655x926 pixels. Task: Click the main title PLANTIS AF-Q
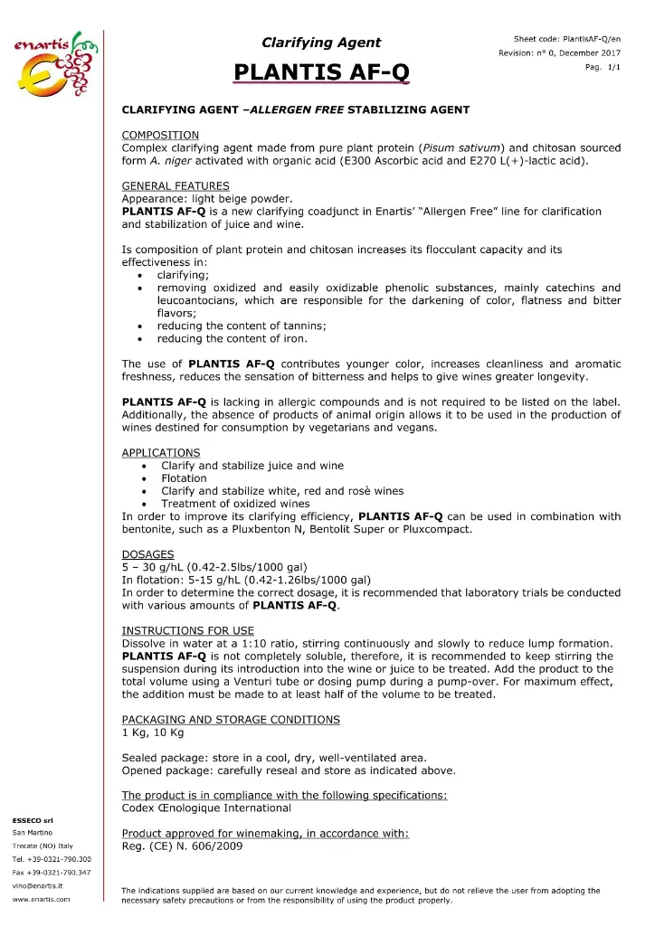coord(320,71)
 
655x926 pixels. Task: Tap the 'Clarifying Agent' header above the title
coord(321,42)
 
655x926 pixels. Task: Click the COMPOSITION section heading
coord(160,134)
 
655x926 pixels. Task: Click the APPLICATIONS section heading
coord(161,452)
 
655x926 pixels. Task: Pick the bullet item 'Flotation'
coord(184,478)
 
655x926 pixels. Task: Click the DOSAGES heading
coord(148,554)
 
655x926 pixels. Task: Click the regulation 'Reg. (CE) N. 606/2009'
coord(188,846)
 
